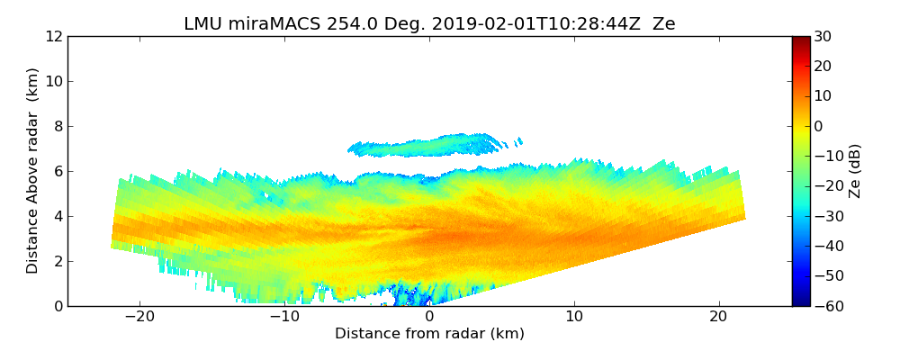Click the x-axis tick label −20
point(139,317)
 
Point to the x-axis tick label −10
point(284,317)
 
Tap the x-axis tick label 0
point(429,317)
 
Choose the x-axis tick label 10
point(574,317)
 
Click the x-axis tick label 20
point(718,317)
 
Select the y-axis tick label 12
point(54,37)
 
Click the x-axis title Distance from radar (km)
point(429,334)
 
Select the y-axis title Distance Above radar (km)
point(33,170)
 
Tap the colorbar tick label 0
point(821,127)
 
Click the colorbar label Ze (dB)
point(855,171)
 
